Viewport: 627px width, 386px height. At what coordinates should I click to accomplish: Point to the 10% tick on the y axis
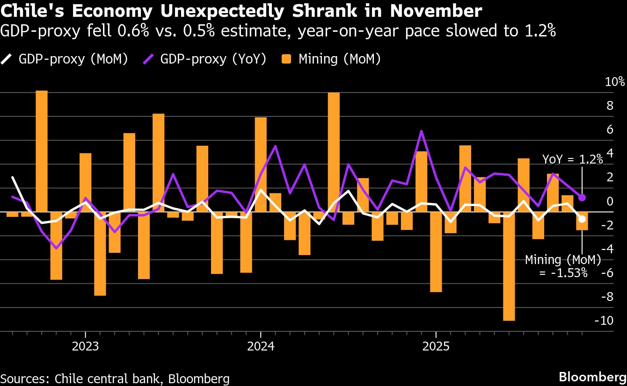614,82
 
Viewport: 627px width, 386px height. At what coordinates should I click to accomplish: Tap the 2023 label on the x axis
85,347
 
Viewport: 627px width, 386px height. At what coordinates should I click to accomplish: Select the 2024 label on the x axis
261,347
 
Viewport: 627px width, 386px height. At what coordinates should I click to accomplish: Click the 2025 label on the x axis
436,347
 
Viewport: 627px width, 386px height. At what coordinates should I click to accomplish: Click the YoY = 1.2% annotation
572,159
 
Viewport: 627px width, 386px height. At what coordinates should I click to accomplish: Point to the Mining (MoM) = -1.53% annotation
563,266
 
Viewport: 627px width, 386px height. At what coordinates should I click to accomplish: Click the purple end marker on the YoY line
582,198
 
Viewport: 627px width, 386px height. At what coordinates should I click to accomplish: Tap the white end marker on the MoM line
582,219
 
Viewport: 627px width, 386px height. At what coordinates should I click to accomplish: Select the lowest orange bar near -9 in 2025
509,266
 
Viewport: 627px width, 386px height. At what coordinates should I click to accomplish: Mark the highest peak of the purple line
422,131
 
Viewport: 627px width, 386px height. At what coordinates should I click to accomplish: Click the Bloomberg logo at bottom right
592,377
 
